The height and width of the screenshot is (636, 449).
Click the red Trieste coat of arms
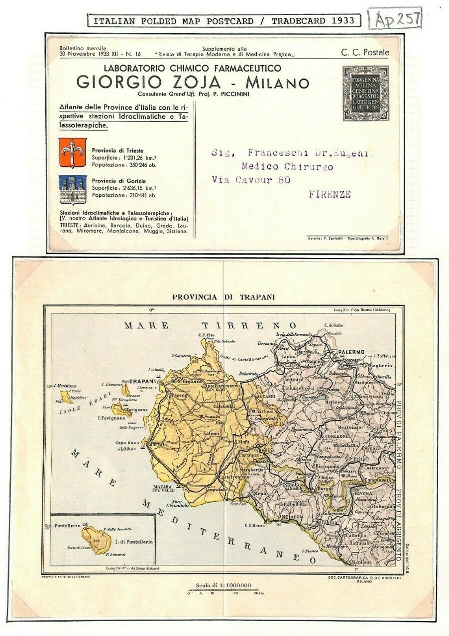pyautogui.click(x=72, y=153)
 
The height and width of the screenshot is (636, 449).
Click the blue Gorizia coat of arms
pyautogui.click(x=72, y=189)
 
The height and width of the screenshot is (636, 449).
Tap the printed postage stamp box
pyautogui.click(x=365, y=93)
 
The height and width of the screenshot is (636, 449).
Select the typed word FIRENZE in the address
pyautogui.click(x=330, y=194)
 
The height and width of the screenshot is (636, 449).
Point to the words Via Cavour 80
pyautogui.click(x=251, y=180)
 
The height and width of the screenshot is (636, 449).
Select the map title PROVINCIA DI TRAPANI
pyautogui.click(x=224, y=297)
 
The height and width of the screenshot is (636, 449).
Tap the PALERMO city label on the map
pyautogui.click(x=351, y=352)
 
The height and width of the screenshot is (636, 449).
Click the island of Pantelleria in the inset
pyautogui.click(x=97, y=540)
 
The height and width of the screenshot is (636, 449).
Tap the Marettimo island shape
pyautogui.click(x=66, y=397)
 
